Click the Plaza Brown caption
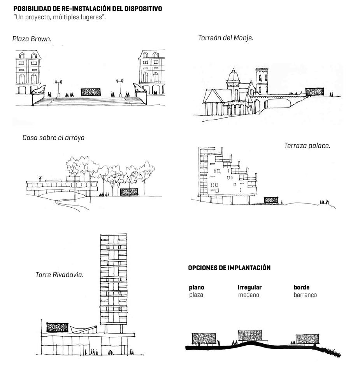click(32, 39)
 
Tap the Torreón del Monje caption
click(226, 38)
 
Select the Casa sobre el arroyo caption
click(53, 138)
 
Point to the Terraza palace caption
click(307, 146)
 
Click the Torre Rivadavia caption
click(60, 275)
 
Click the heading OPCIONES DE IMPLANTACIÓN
click(229, 268)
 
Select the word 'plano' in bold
click(197, 288)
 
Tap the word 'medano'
click(249, 295)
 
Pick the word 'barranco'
click(305, 295)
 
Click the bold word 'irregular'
click(249, 288)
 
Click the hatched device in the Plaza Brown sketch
click(90, 92)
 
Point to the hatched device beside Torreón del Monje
click(314, 92)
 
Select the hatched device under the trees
click(129, 192)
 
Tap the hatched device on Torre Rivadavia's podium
click(57, 328)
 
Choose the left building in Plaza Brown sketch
click(28, 72)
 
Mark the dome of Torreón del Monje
click(233, 76)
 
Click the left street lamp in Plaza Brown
click(59, 87)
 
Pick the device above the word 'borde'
click(307, 339)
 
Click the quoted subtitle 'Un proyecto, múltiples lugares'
click(59, 18)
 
